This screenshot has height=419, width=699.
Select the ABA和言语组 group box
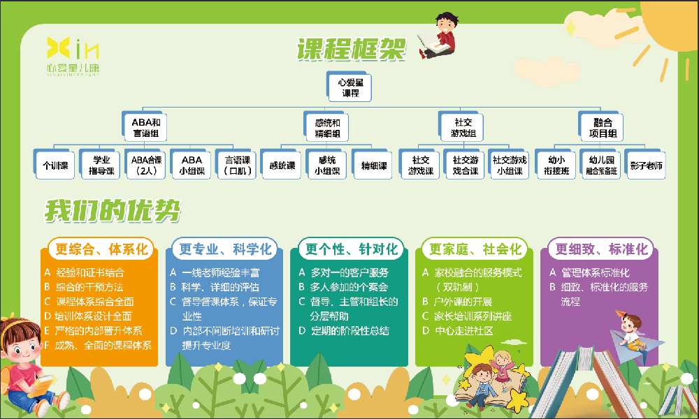[145, 127]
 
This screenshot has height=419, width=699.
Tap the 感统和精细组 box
[327, 127]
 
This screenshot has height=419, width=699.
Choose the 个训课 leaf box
[55, 166]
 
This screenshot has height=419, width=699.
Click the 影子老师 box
[645, 166]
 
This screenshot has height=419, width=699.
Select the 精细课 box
[373, 166]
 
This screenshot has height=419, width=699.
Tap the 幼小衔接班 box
[556, 166]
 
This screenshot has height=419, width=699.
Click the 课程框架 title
[351, 50]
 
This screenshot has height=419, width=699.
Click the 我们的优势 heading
[113, 211]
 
